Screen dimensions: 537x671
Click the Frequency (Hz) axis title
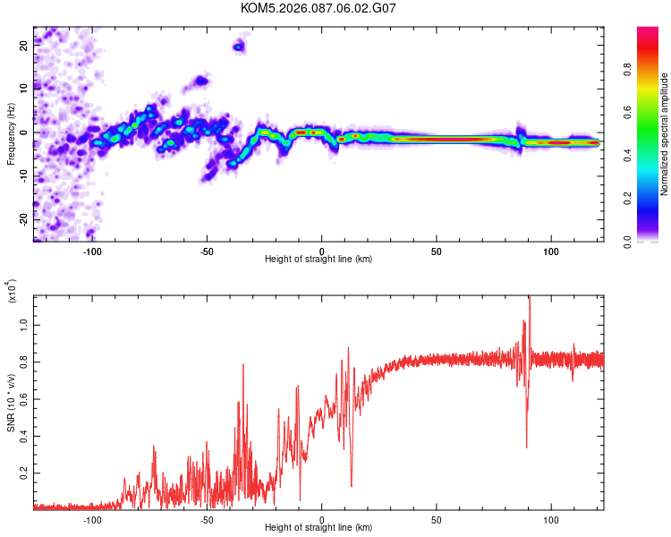click(11, 133)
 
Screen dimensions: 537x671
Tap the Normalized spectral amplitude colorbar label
click(665, 135)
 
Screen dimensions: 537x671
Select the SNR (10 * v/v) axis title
click(11, 403)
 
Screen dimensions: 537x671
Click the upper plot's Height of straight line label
click(319, 260)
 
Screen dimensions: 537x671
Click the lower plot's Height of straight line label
click(319, 528)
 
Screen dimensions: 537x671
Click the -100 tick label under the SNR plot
click(92, 519)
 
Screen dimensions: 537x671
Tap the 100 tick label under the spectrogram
click(551, 251)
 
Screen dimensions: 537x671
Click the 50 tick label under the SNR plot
click(437, 519)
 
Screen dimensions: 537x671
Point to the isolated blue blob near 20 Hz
click(239, 46)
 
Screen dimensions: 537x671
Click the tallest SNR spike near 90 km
click(530, 299)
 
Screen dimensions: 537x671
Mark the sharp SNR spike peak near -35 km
click(242, 364)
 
